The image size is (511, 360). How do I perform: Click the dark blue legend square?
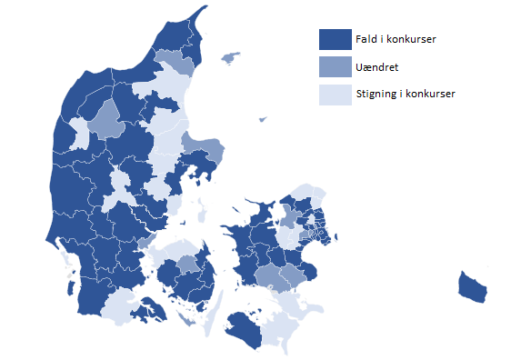point(335,40)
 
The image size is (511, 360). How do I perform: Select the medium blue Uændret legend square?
point(335,66)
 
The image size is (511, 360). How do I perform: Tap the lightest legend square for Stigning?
point(335,94)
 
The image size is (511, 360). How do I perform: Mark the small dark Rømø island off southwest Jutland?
point(70,265)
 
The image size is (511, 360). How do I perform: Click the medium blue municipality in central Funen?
point(187,265)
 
